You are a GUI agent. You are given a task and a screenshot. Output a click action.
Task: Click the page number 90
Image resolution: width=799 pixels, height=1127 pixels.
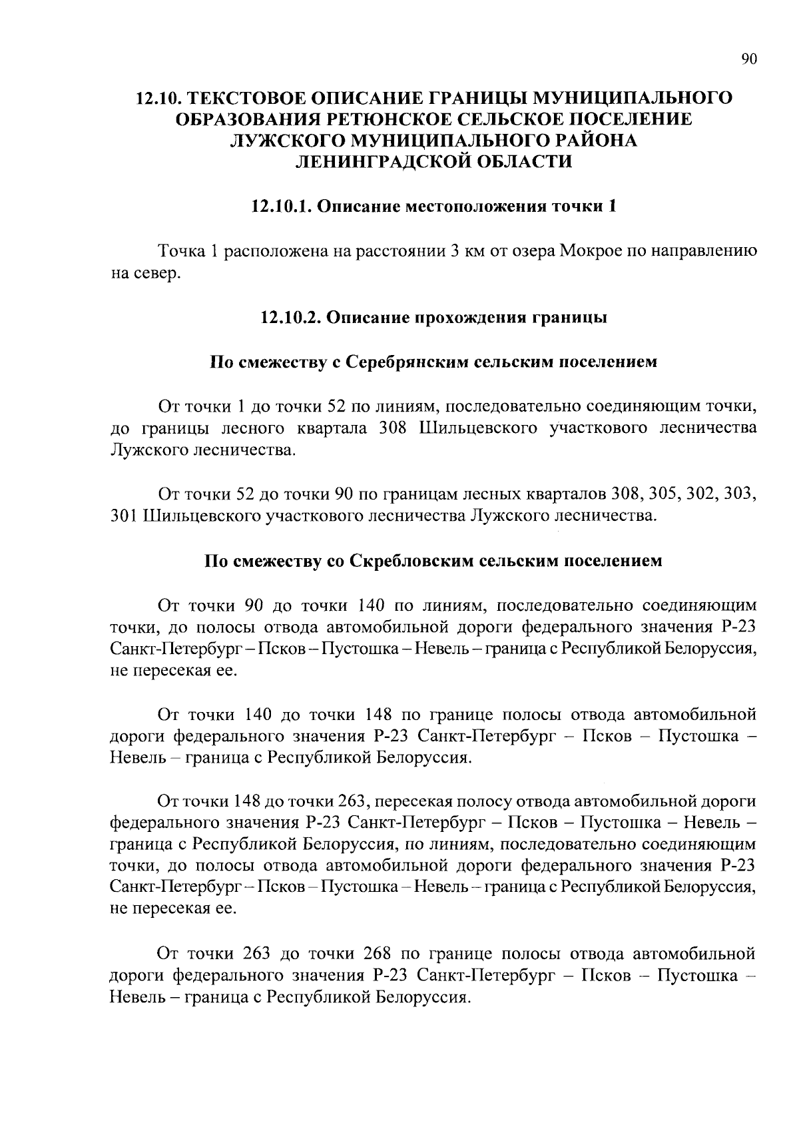pyautogui.click(x=749, y=60)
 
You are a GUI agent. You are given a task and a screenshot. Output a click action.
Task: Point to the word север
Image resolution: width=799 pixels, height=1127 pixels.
pyautogui.click(x=158, y=273)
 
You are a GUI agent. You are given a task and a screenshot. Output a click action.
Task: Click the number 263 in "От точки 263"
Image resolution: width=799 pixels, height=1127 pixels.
pyautogui.click(x=258, y=952)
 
